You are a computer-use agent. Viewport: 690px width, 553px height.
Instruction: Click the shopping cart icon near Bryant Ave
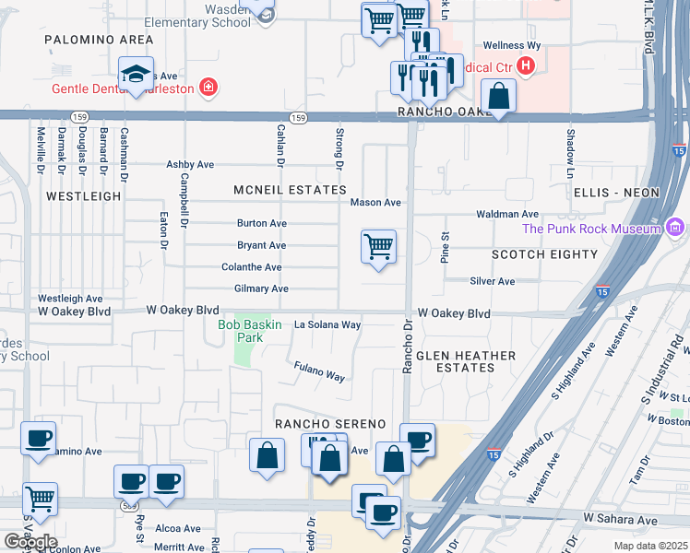click(x=378, y=247)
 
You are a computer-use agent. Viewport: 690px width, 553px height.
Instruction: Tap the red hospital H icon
click(x=526, y=65)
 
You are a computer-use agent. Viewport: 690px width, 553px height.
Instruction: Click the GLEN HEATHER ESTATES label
click(x=455, y=361)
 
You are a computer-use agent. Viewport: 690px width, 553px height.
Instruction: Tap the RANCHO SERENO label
click(x=329, y=424)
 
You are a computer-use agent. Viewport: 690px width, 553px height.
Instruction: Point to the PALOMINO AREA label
click(x=99, y=41)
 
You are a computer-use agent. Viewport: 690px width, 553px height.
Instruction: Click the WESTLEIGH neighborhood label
click(x=83, y=196)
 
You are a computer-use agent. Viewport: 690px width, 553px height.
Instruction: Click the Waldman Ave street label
click(x=507, y=214)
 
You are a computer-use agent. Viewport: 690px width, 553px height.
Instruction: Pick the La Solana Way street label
click(x=327, y=325)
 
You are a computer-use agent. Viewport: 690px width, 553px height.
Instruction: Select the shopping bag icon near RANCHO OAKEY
click(x=498, y=97)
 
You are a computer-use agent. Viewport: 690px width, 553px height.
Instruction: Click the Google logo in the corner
click(x=30, y=542)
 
